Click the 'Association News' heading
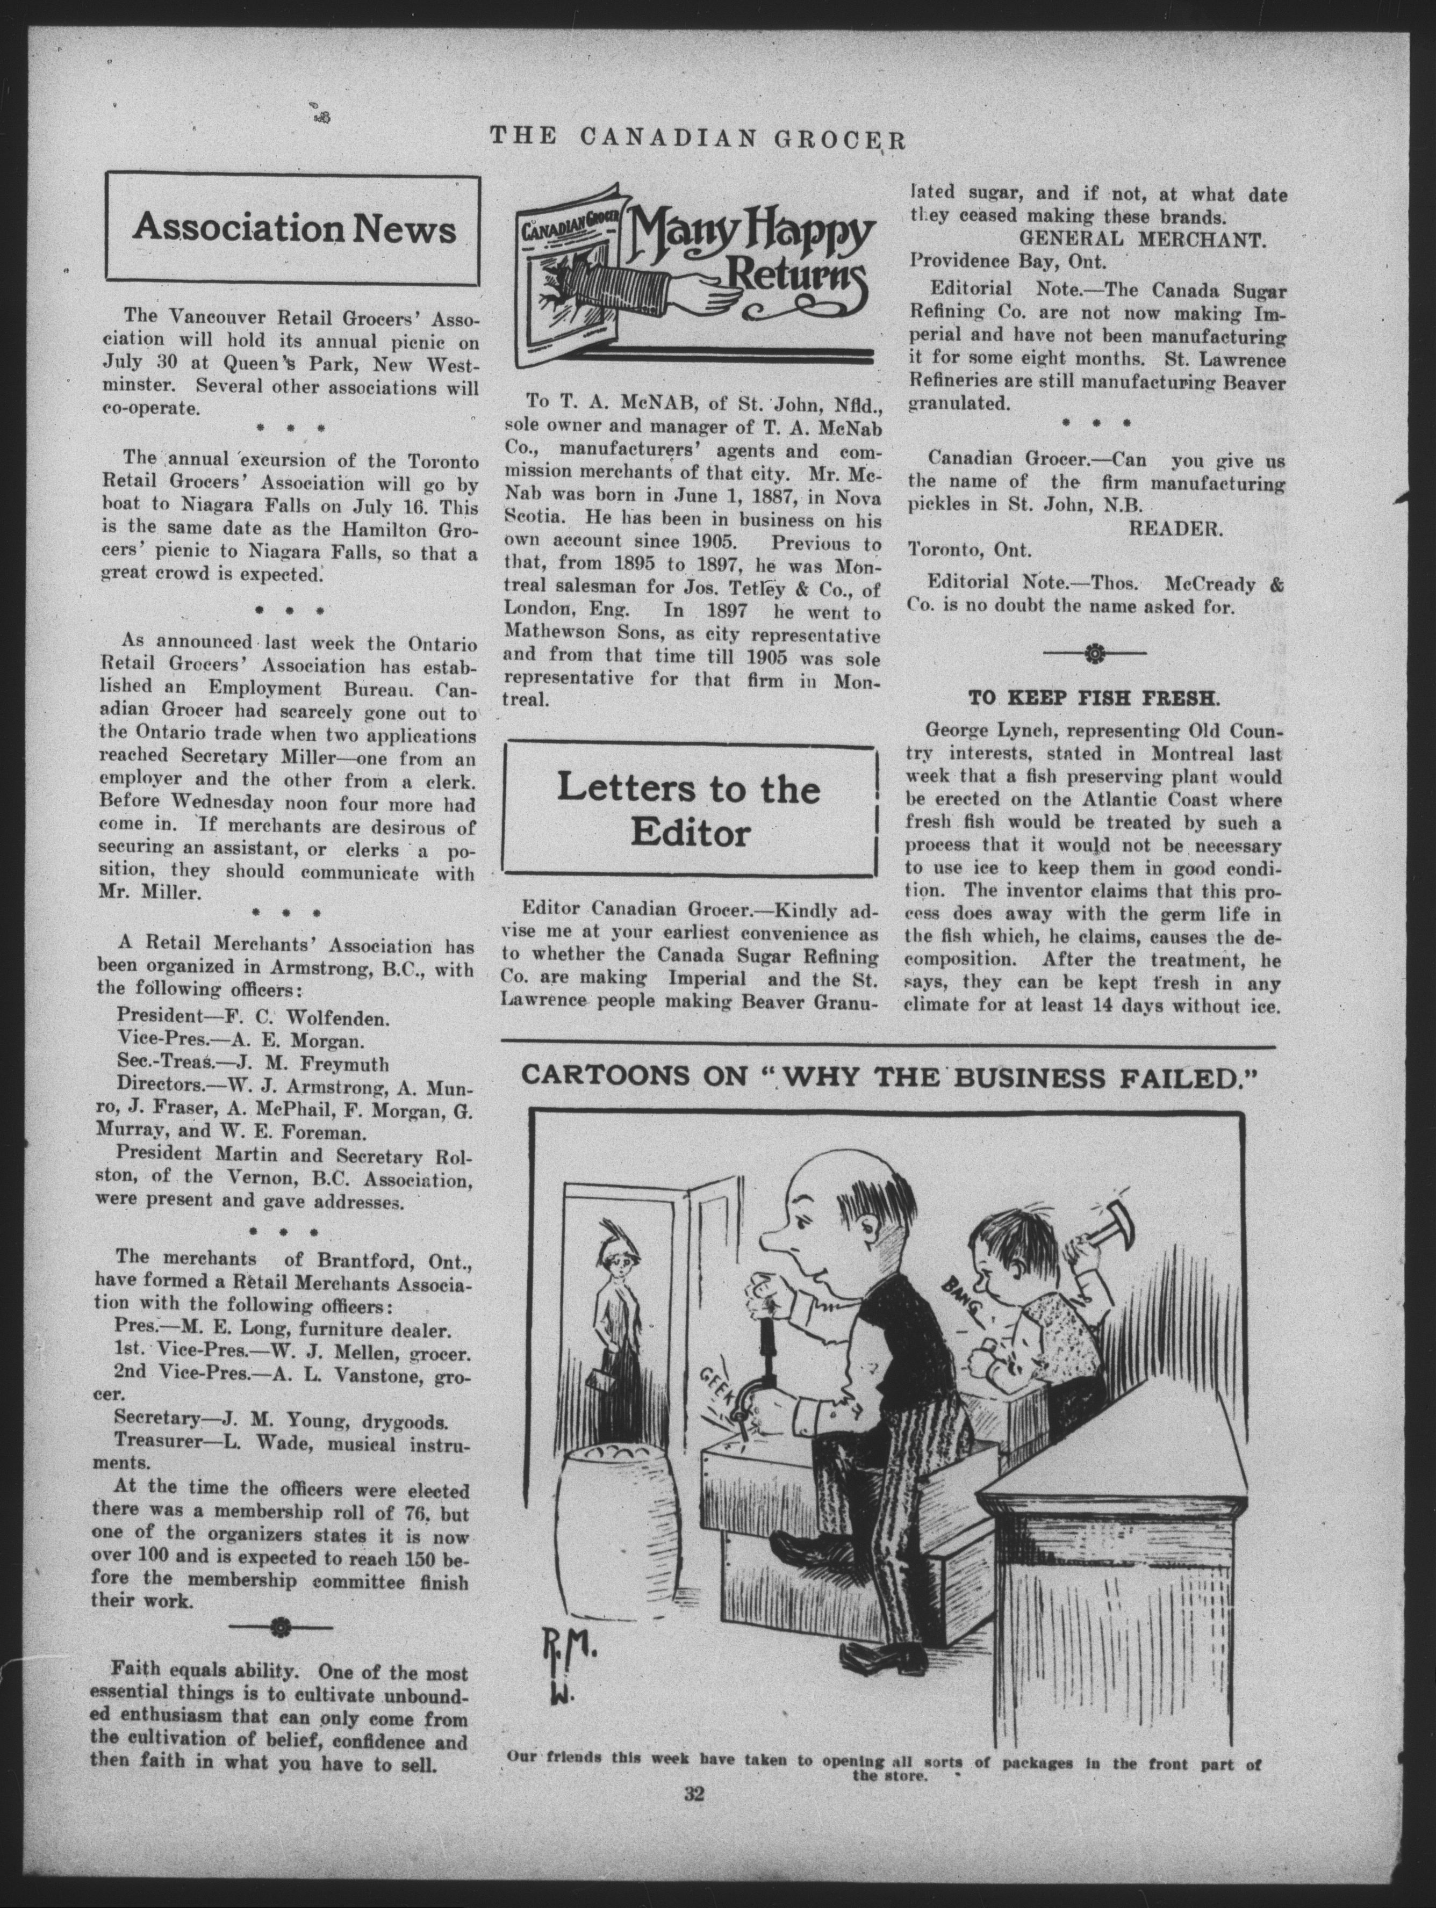coord(293,229)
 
